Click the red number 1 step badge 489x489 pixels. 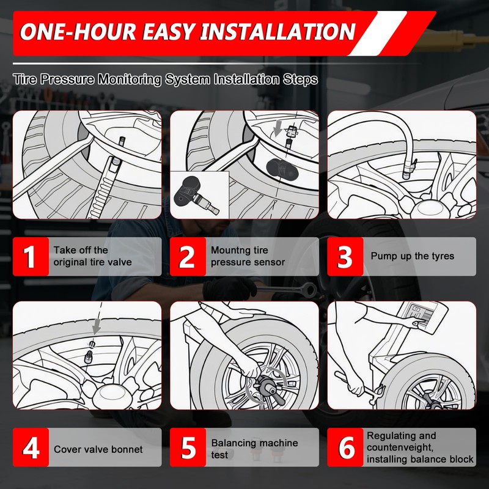pos(31,256)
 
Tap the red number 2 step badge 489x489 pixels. pos(188,256)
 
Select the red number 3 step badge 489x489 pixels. pos(345,256)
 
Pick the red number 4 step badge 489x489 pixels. pos(31,447)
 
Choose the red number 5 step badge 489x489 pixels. pos(188,447)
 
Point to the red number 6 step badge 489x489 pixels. pos(345,447)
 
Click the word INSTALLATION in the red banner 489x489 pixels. pos(278,32)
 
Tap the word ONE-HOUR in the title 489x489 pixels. pos(78,32)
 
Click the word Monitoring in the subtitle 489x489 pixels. pos(130,79)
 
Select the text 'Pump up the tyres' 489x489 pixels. pos(412,256)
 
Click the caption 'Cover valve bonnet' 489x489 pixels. pos(98,449)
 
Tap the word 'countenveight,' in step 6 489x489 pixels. pos(400,447)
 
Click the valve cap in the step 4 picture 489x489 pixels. pos(89,357)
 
